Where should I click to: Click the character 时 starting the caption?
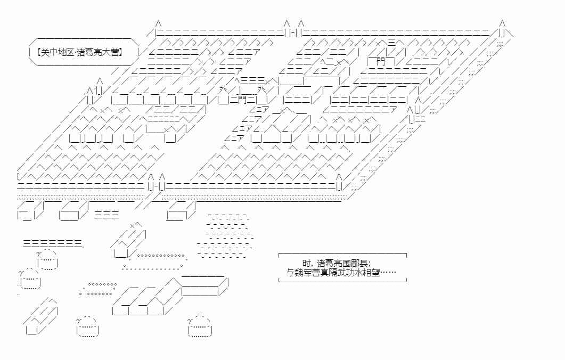tap(306, 263)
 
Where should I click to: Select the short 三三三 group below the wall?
tap(107, 215)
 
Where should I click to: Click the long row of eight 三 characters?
tap(53, 244)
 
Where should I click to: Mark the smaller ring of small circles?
tap(99, 289)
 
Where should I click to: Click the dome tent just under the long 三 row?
tap(48, 259)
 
